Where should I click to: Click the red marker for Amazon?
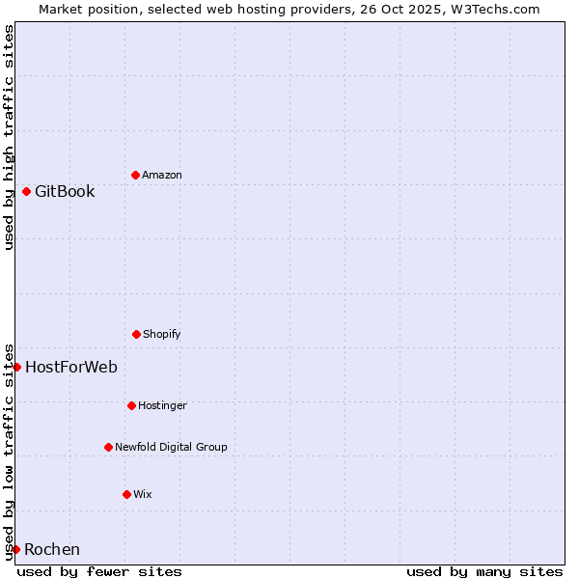click(x=135, y=175)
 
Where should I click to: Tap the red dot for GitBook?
click(x=26, y=191)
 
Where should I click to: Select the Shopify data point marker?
click(x=136, y=334)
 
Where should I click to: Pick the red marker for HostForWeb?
click(x=16, y=367)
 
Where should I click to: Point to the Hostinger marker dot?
click(x=131, y=405)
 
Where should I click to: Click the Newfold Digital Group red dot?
click(x=108, y=447)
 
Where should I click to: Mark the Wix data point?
click(x=126, y=494)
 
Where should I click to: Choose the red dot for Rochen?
click(x=15, y=549)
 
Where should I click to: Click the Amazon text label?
click(x=162, y=175)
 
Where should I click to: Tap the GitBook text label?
click(x=65, y=191)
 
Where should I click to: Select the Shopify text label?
click(x=162, y=334)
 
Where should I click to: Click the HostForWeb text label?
click(x=71, y=367)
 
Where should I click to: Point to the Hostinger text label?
click(x=162, y=405)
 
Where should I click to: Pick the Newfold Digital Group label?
click(x=171, y=447)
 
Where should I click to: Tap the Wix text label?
click(x=142, y=494)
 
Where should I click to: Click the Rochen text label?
click(x=52, y=549)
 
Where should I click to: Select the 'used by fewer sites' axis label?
click(x=99, y=571)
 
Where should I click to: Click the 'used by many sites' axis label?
click(x=484, y=571)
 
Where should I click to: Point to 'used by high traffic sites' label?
click(x=9, y=137)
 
